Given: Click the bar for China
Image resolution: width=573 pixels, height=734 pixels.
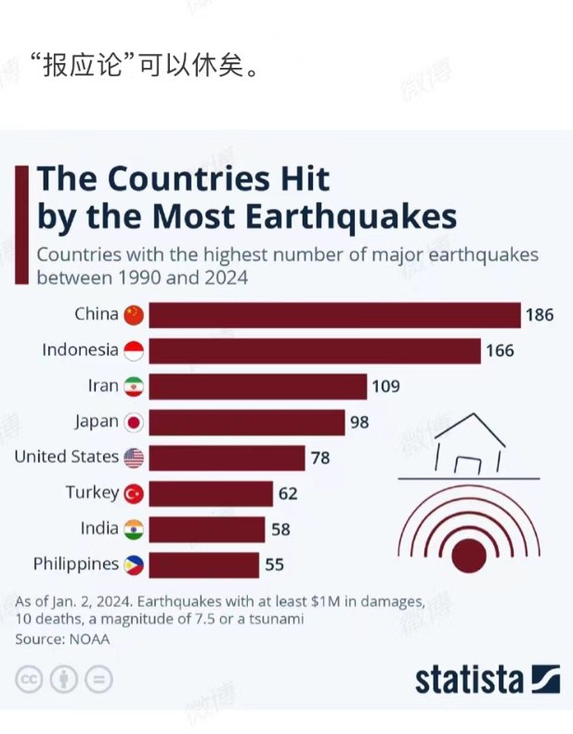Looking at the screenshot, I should (334, 315).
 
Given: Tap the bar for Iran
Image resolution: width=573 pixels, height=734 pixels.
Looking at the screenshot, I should (258, 387).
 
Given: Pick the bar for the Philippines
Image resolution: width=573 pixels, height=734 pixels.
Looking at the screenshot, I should (204, 564).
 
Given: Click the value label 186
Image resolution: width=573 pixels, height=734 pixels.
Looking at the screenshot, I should (539, 315).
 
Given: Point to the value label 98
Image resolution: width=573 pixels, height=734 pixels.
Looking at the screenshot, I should (359, 422).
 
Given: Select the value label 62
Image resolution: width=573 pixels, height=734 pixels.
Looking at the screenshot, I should (288, 493).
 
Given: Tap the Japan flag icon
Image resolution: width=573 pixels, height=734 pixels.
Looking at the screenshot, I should (135, 422).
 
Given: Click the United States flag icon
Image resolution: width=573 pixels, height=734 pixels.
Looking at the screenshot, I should (135, 457).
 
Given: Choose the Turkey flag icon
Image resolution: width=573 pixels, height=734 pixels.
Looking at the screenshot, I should (135, 493).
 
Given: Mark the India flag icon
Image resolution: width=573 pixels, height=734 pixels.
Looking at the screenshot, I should (135, 529).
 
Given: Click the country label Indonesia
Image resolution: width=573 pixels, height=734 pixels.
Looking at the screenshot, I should (80, 350).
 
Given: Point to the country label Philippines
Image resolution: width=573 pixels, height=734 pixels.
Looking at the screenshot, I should (76, 564).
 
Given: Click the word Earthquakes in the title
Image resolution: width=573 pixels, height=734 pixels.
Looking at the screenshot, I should (351, 216).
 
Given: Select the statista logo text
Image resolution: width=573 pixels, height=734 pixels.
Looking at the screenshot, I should (469, 679).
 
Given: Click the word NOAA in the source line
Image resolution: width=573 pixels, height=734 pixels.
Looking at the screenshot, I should (86, 639).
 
